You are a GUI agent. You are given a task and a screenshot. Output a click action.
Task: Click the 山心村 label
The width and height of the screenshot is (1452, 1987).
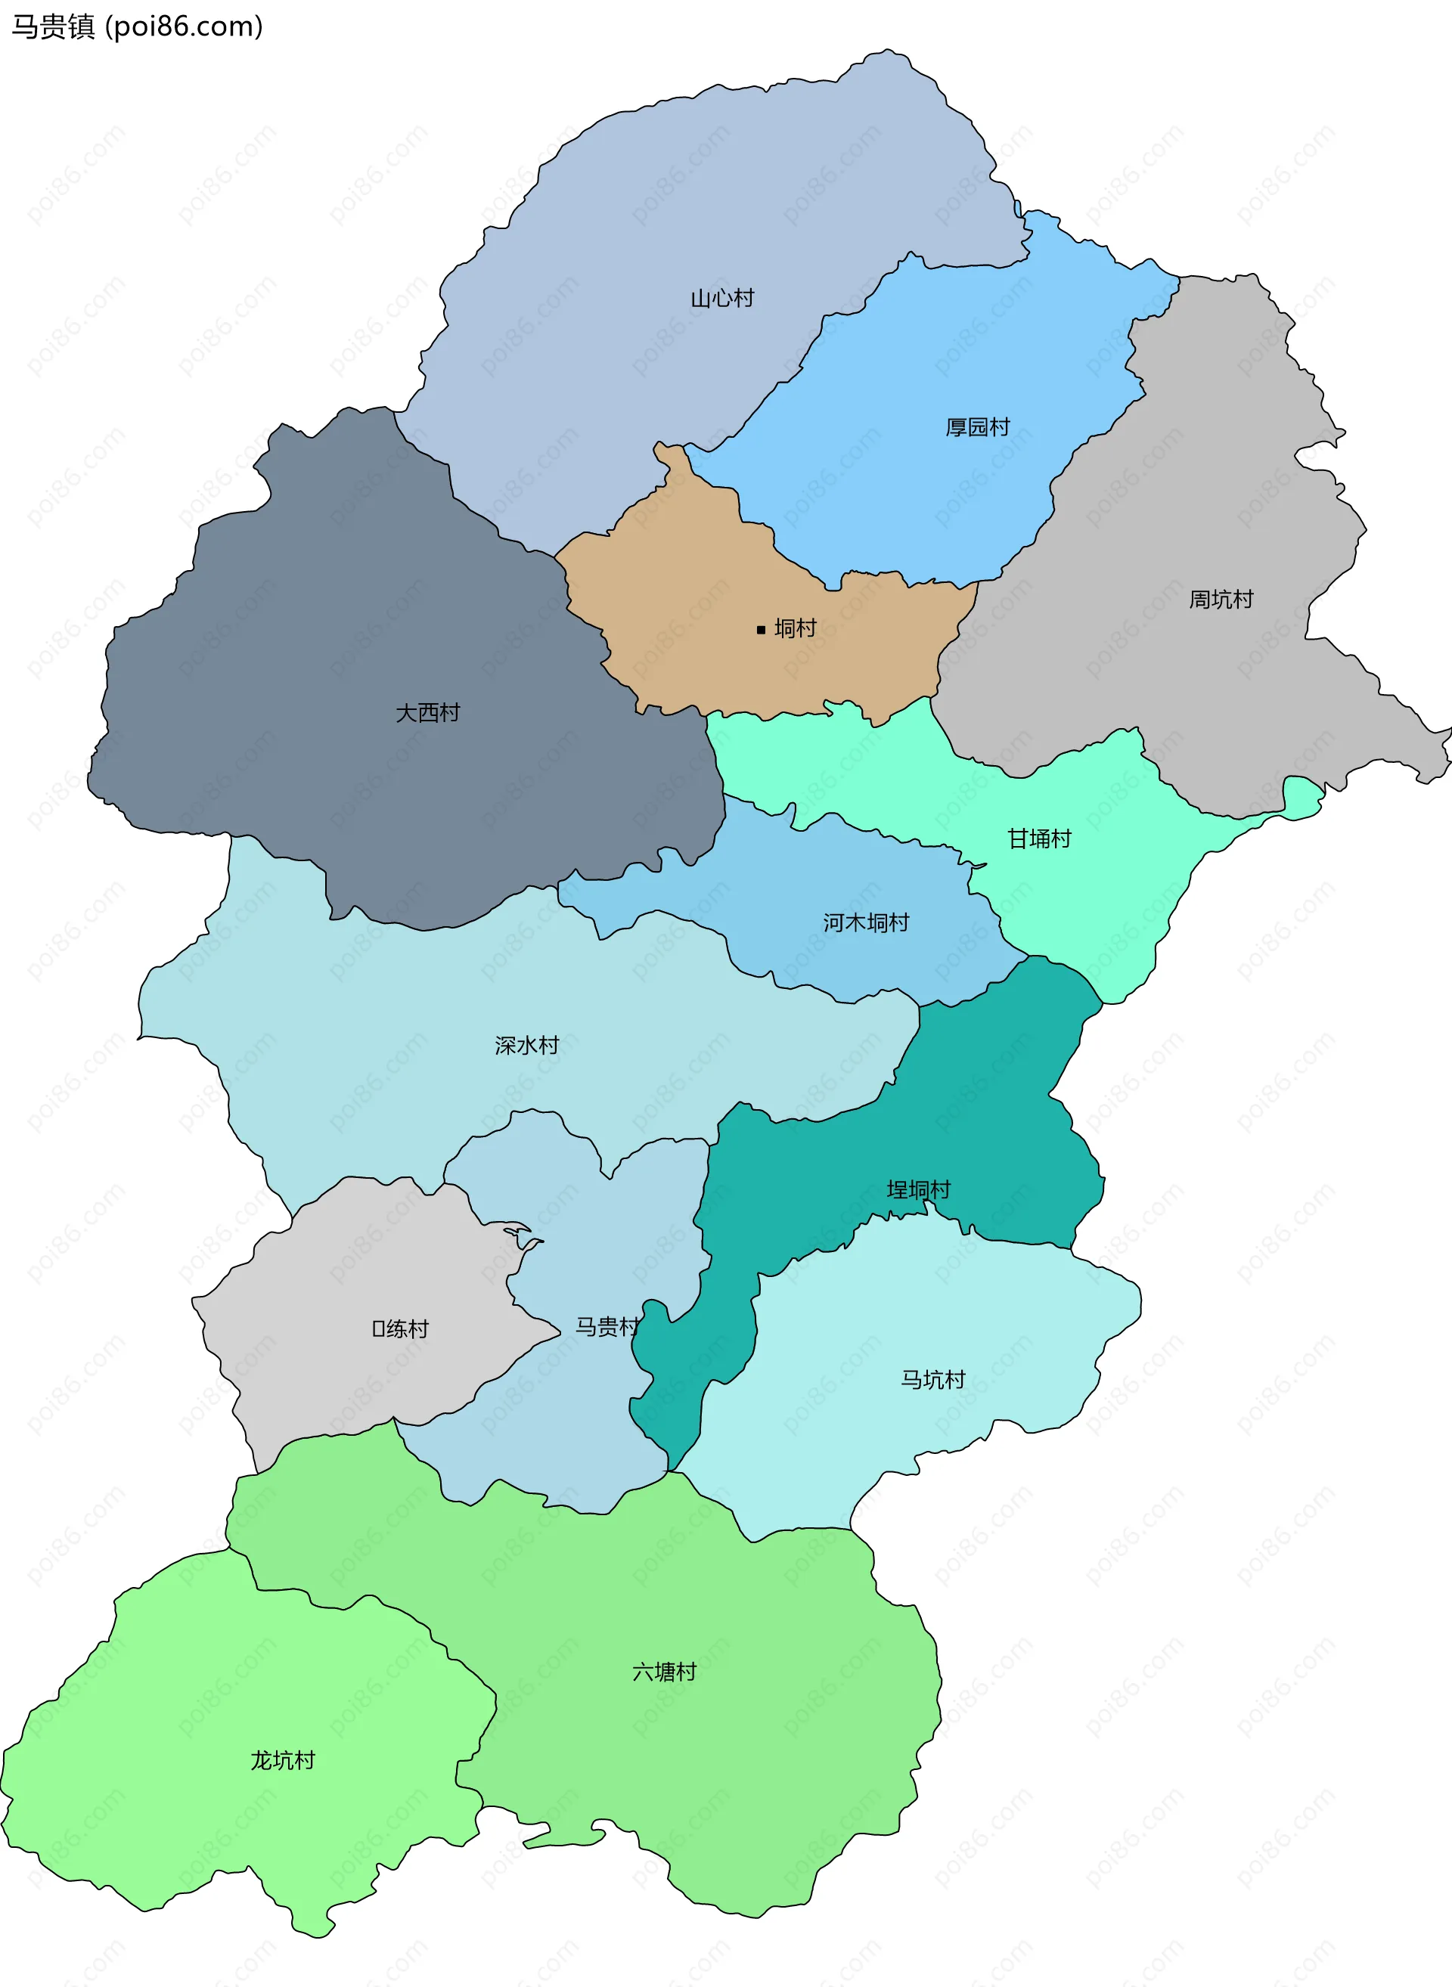click(721, 299)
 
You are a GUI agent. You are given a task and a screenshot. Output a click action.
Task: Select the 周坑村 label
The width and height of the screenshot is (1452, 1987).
click(1221, 600)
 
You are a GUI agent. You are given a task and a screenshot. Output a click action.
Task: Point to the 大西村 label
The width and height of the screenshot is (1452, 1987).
click(428, 713)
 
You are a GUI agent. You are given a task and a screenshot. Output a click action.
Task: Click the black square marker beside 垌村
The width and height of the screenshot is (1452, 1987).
click(761, 629)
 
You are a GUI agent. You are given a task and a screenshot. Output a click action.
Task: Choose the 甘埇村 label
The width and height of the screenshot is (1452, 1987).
click(1039, 839)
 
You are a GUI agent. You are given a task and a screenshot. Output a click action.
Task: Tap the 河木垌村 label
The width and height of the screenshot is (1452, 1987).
click(866, 922)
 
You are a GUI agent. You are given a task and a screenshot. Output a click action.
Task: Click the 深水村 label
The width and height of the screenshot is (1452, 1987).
click(526, 1046)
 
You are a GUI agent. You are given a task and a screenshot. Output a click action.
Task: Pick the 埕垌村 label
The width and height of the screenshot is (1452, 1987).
click(919, 1190)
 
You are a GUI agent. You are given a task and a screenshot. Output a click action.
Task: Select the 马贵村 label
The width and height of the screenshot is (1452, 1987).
click(607, 1327)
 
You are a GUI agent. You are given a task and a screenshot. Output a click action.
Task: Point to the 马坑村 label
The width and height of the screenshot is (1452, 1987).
click(932, 1380)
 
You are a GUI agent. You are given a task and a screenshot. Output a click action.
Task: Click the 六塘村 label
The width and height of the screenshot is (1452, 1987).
click(665, 1672)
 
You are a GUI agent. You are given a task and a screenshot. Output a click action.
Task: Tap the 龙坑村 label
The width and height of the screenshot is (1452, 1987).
click(282, 1761)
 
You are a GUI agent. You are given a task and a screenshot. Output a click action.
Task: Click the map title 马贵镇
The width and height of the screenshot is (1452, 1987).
click(53, 27)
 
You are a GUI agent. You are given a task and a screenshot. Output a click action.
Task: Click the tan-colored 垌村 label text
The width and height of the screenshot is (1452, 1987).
click(796, 629)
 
